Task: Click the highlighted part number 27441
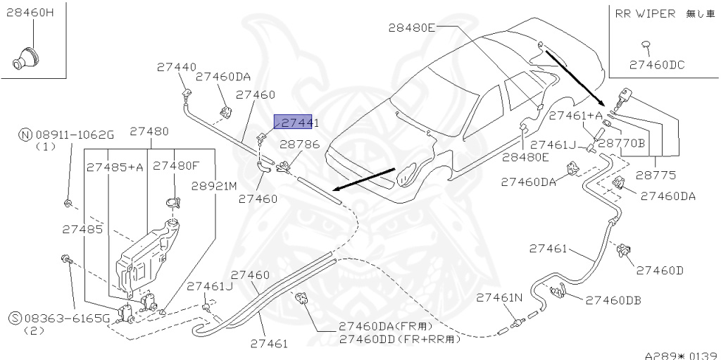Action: click(296, 123)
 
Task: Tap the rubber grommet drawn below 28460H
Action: click(26, 58)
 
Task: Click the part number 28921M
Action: click(215, 186)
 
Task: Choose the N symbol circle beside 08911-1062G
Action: click(26, 135)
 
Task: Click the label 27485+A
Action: click(115, 167)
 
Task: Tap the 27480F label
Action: click(176, 166)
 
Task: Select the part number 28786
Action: click(300, 144)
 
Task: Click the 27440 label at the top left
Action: click(176, 68)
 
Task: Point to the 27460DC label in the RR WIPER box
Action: click(656, 65)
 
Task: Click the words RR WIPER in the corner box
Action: click(645, 13)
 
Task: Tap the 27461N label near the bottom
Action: click(500, 297)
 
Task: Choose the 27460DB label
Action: click(613, 300)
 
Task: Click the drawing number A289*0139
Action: click(680, 354)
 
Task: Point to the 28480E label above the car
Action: click(412, 27)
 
